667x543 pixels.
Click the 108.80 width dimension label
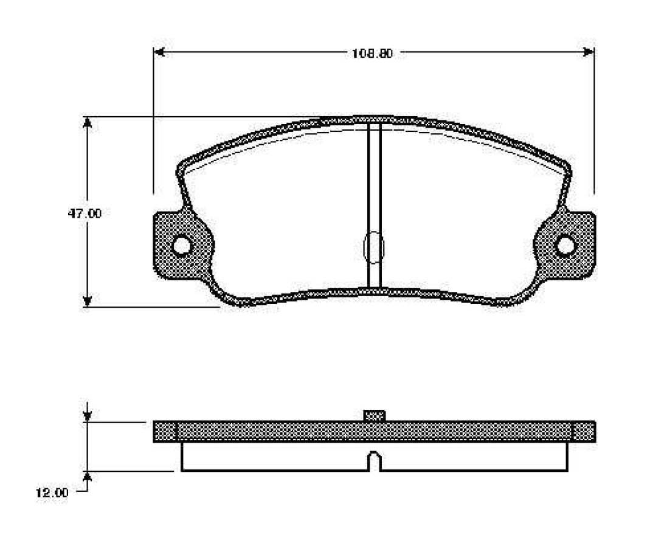pyautogui.click(x=372, y=54)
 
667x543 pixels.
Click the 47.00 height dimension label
pyautogui.click(x=85, y=213)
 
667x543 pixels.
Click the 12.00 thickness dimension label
pyautogui.click(x=52, y=493)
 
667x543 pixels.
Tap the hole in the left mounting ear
pyautogui.click(x=182, y=246)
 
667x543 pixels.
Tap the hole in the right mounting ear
pyautogui.click(x=565, y=245)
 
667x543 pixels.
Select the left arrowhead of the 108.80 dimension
pyautogui.click(x=159, y=52)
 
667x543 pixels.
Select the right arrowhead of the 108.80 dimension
pyautogui.click(x=589, y=52)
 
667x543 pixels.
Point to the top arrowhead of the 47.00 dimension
pyautogui.click(x=87, y=122)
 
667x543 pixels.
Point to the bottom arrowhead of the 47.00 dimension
pyautogui.click(x=87, y=301)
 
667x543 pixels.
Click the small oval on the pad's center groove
pyautogui.click(x=374, y=247)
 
